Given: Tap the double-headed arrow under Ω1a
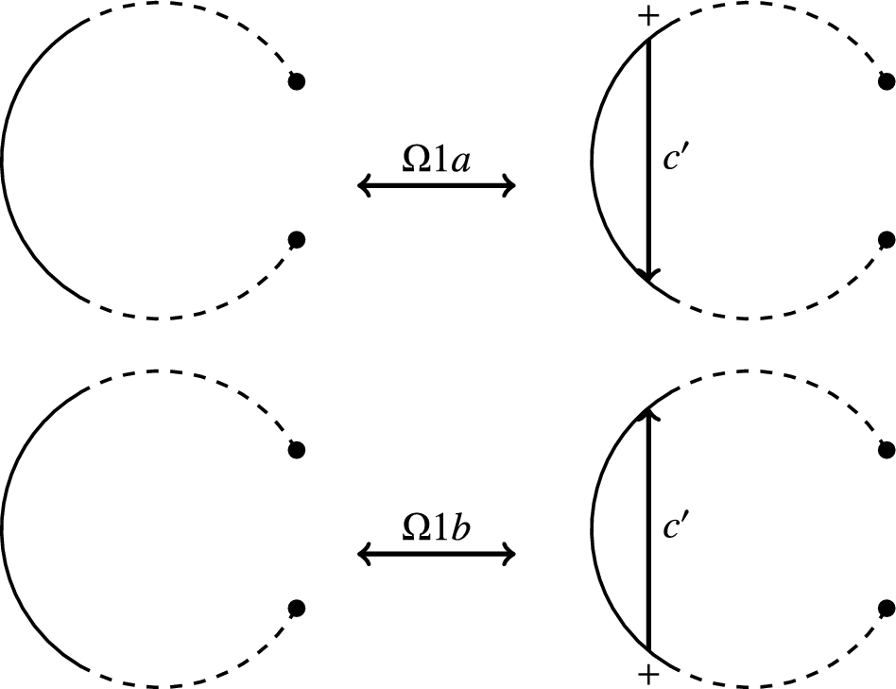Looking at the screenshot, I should (436, 186).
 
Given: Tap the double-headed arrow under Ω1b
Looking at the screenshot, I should (436, 554).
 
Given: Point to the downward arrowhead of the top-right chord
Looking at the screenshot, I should (648, 272).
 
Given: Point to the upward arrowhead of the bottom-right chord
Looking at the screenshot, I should (648, 415).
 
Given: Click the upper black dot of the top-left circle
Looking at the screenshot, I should (297, 82).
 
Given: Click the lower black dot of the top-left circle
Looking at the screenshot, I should (297, 239).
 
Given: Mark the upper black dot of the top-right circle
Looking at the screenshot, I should (886, 82).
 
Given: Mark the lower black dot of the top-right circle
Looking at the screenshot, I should (886, 239).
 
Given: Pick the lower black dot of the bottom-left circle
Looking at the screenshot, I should (297, 607).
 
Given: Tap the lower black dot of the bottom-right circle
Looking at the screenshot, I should (886, 607).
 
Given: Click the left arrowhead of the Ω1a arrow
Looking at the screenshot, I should (364, 186).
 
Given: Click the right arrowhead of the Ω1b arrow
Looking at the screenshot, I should (508, 554).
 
